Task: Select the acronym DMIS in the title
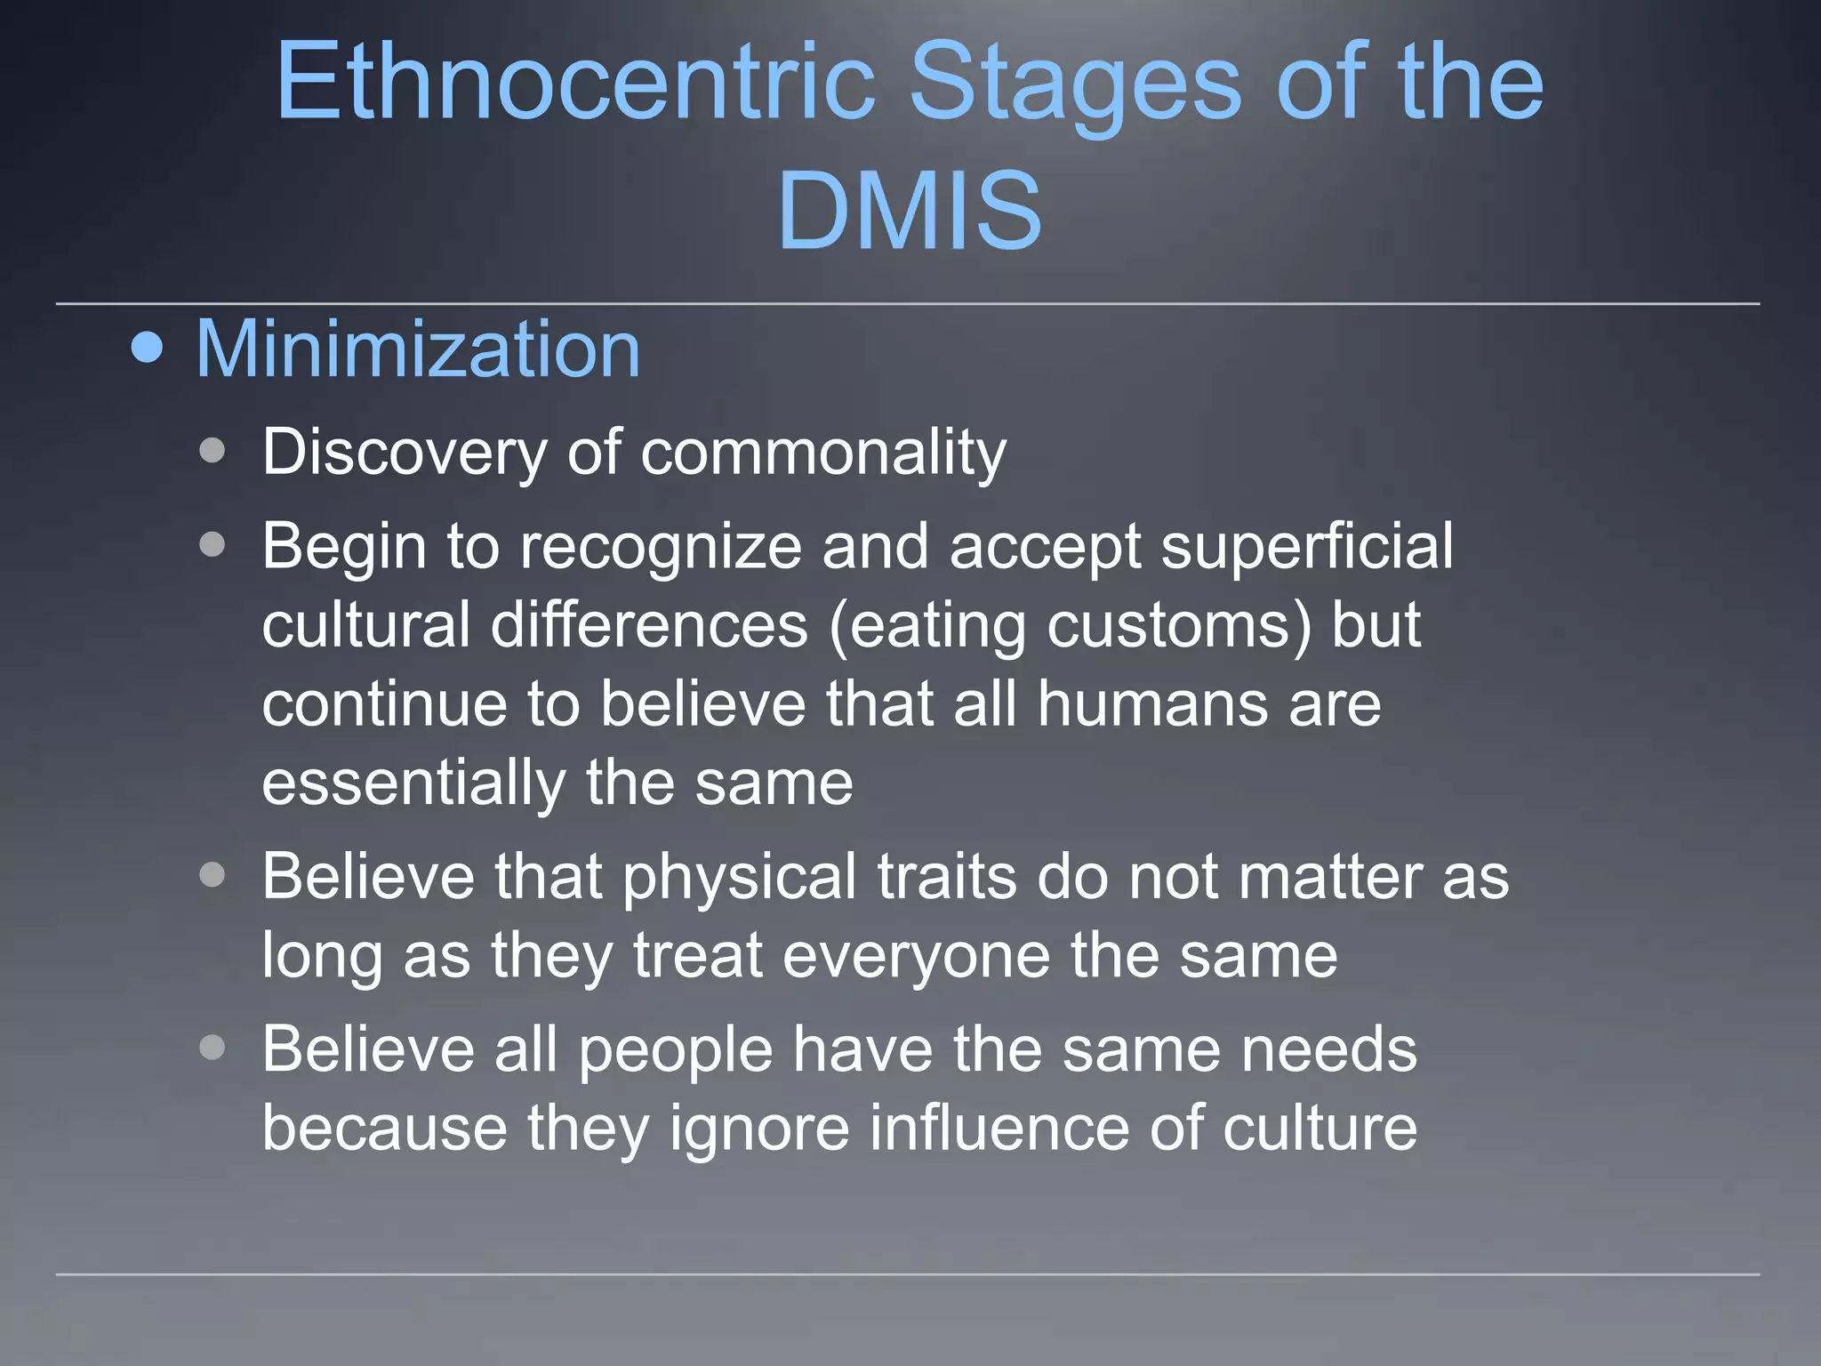pos(909,212)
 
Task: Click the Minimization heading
pos(417,349)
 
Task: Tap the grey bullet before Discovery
pos(213,450)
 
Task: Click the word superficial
pos(1307,547)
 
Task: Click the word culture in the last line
pos(1320,1129)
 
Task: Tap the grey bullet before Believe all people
pos(213,1048)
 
